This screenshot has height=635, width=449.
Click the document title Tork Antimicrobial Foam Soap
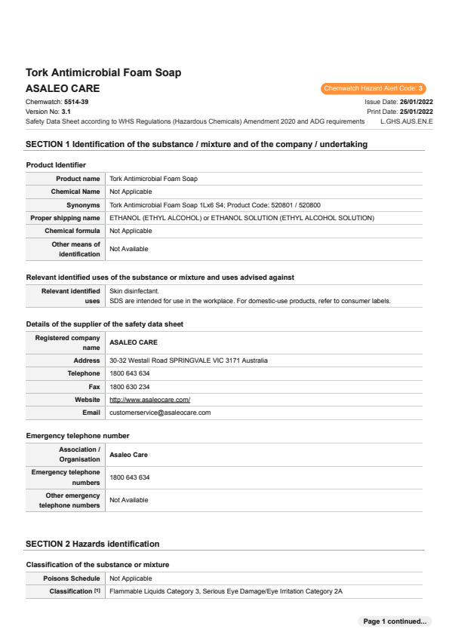pyautogui.click(x=103, y=73)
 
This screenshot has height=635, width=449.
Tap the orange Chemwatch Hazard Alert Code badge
pyautogui.click(x=374, y=89)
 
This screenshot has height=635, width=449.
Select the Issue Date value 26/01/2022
pyautogui.click(x=416, y=101)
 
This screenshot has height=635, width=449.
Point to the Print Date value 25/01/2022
pyautogui.click(x=416, y=112)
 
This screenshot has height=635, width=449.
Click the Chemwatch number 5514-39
pyautogui.click(x=76, y=101)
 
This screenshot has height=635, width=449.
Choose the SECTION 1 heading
pyautogui.click(x=196, y=144)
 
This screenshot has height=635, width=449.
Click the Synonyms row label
pyautogui.click(x=83, y=204)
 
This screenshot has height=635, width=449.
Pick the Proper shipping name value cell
pyautogui.click(x=241, y=218)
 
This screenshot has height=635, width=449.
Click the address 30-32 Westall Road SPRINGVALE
pyautogui.click(x=189, y=360)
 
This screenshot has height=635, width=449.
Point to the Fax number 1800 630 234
pyautogui.click(x=130, y=387)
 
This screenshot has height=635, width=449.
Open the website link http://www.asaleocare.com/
pyautogui.click(x=149, y=400)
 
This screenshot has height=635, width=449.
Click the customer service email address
pyautogui.click(x=160, y=413)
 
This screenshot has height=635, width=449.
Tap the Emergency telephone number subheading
pyautogui.click(x=78, y=436)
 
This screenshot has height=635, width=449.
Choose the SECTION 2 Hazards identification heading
pyautogui.click(x=92, y=544)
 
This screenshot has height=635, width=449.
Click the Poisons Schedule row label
pyautogui.click(x=73, y=578)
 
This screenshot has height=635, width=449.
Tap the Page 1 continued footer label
pyautogui.click(x=395, y=621)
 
